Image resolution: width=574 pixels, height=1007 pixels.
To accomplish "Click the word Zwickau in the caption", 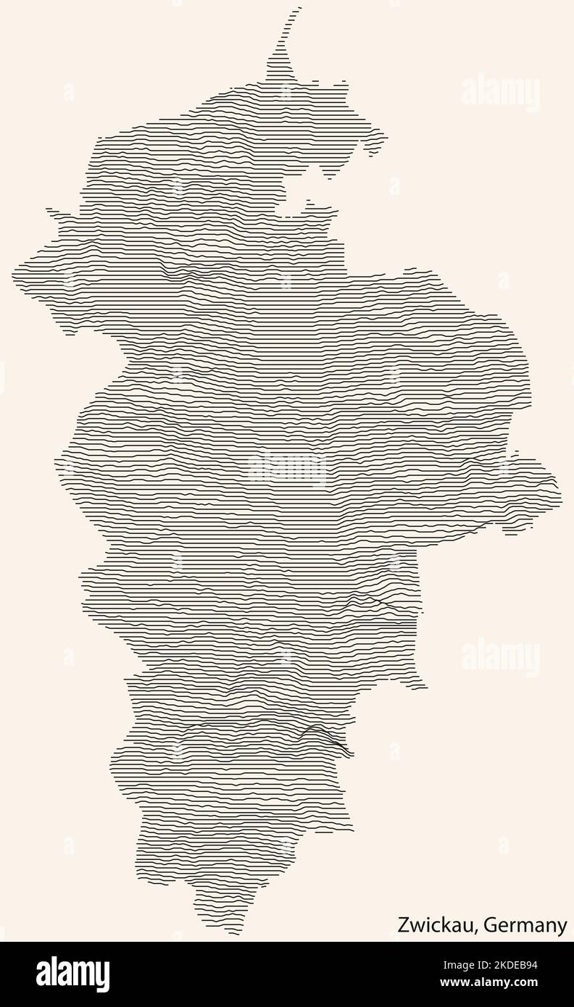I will [x=435, y=925].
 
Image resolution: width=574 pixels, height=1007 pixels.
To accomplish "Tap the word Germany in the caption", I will [x=525, y=925].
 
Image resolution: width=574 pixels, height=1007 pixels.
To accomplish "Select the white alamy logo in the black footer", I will [x=72, y=973].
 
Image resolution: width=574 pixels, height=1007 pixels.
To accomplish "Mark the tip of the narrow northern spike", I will [x=298, y=9].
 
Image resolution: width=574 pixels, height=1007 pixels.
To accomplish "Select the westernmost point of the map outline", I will [x=14, y=273].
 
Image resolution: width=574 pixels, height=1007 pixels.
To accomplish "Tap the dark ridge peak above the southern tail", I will [x=319, y=732].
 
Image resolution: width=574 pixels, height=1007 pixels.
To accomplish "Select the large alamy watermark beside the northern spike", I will [x=500, y=93].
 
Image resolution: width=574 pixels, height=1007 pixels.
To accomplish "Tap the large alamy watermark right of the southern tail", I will [x=500, y=657].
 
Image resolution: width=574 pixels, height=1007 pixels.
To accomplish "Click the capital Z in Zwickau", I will [x=402, y=925].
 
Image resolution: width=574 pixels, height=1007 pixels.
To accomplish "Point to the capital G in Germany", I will [x=489, y=925].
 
